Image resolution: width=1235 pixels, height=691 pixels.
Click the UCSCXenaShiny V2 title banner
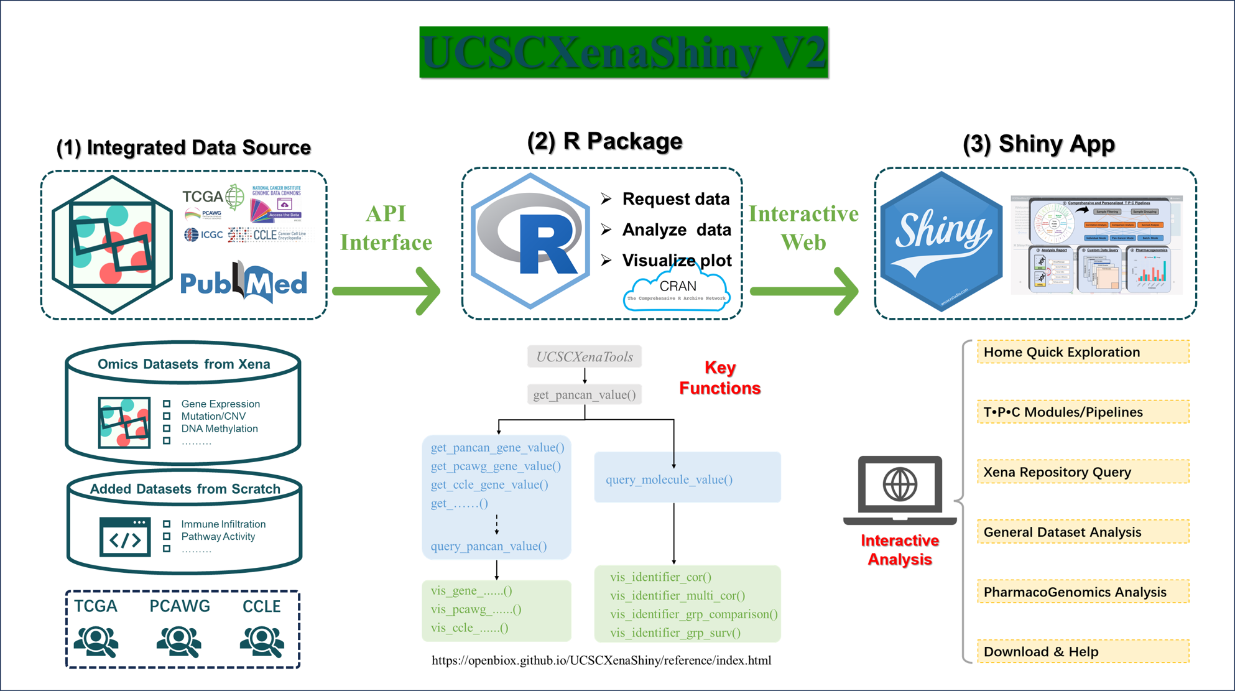[623, 52]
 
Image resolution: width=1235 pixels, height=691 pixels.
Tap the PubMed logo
[243, 283]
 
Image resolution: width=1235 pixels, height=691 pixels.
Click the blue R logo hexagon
[530, 241]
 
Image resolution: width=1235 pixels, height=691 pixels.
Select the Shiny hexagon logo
[941, 241]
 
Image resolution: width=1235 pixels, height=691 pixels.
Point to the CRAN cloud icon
[677, 289]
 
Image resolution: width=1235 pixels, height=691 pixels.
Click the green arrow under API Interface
[387, 290]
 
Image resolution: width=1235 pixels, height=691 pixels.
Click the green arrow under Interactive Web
[804, 290]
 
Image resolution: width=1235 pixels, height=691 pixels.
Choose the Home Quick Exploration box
[1083, 352]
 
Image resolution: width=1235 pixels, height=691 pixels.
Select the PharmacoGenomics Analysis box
[1083, 592]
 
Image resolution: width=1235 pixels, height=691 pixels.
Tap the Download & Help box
[1083, 652]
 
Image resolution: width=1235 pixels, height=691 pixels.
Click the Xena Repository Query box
[1083, 472]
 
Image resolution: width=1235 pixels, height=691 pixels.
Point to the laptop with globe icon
[900, 489]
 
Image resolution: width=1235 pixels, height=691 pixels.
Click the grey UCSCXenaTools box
[585, 357]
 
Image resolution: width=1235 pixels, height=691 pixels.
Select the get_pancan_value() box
[585, 395]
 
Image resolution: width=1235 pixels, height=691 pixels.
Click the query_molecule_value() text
[669, 480]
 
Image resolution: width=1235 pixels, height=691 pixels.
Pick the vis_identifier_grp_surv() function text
[675, 633]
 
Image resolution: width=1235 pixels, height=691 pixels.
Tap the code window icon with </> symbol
[125, 537]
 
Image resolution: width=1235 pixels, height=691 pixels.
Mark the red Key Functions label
[719, 378]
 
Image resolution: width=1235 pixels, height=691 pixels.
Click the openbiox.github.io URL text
[601, 661]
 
